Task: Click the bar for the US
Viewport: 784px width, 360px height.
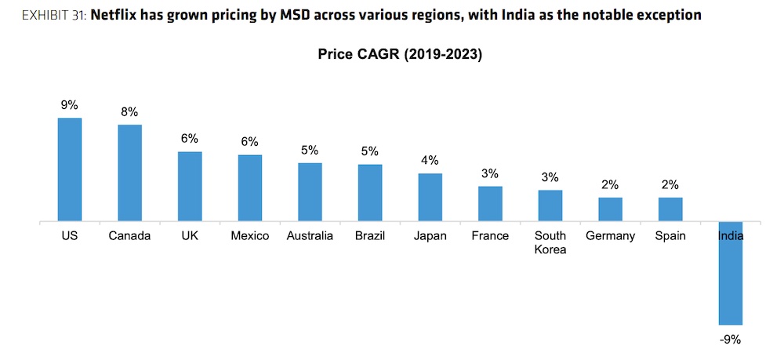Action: (x=70, y=170)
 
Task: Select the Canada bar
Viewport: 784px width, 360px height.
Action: (x=129, y=173)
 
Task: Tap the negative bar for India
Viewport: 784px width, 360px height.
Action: (x=730, y=274)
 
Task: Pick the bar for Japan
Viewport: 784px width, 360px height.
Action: (x=430, y=198)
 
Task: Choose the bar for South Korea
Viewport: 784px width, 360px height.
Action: (x=550, y=206)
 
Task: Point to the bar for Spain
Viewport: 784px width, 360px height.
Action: (x=670, y=209)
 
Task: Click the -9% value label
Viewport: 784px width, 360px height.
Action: (x=730, y=340)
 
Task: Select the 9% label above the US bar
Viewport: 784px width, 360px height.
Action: (x=70, y=104)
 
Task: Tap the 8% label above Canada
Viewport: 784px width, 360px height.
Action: (x=129, y=111)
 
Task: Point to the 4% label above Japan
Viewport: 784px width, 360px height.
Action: (x=430, y=160)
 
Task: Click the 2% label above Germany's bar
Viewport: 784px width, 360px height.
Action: (x=610, y=184)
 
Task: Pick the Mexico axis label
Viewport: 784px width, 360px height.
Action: (x=250, y=236)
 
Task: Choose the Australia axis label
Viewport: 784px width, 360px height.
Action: (x=310, y=236)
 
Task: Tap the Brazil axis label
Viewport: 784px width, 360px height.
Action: (x=370, y=236)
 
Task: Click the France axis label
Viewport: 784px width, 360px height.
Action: (x=490, y=236)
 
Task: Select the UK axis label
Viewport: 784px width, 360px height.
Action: (x=190, y=236)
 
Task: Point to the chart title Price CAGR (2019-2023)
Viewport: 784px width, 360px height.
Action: (x=399, y=55)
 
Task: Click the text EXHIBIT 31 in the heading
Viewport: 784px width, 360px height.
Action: (x=44, y=15)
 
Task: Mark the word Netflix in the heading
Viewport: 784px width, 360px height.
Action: (x=119, y=15)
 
